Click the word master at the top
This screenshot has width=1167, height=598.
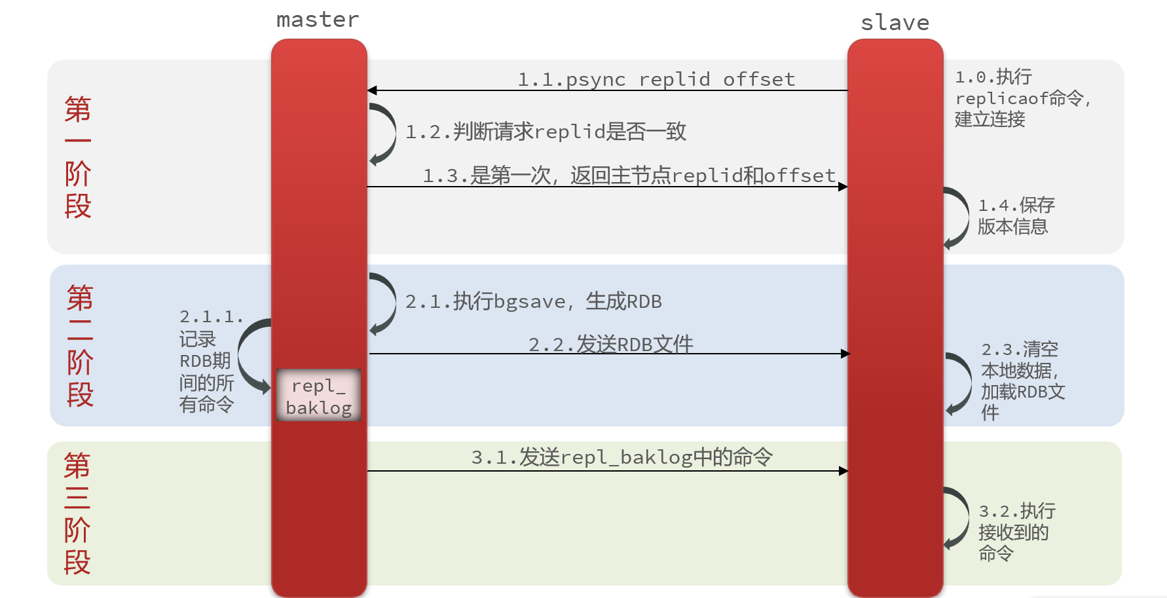click(318, 20)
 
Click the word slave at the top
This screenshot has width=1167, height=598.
click(895, 23)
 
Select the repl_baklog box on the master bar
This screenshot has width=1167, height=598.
click(318, 396)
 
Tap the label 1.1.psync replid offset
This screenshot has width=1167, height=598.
click(656, 79)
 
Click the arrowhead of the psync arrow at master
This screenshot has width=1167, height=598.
click(372, 90)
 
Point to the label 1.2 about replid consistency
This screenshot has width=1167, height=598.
click(546, 132)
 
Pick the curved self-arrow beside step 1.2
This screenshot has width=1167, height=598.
click(384, 134)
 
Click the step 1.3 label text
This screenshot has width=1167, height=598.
click(629, 176)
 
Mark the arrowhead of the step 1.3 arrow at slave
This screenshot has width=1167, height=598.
click(843, 187)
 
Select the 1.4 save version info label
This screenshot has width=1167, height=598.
click(1016, 215)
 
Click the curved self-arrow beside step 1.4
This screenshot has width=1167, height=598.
click(957, 217)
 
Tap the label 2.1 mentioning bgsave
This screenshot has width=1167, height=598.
click(533, 301)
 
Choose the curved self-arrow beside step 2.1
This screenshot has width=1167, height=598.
click(384, 303)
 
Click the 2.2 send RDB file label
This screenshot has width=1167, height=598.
click(610, 344)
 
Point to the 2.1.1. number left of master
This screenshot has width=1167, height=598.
click(211, 317)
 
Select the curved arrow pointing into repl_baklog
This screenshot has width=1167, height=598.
click(251, 356)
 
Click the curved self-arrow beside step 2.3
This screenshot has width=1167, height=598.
click(960, 383)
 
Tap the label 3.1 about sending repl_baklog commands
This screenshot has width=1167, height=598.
click(621, 457)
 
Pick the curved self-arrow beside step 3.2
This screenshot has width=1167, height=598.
click(958, 517)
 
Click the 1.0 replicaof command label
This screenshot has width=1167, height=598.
click(1022, 98)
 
